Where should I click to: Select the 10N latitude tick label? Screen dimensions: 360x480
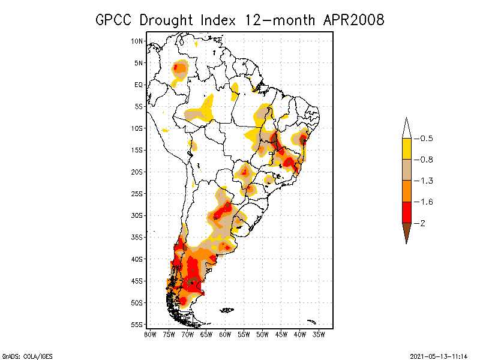tap(137, 41)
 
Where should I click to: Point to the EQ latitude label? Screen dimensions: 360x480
tap(139, 85)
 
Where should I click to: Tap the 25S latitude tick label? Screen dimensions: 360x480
tap(137, 193)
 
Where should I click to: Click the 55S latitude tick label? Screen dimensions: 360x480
tap(137, 324)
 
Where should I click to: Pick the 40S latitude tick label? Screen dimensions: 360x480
tap(137, 259)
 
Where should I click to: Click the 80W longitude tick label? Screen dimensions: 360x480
tap(150, 334)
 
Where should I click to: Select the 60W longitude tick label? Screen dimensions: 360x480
tap(225, 334)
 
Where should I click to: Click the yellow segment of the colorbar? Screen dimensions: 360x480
tap(406, 149)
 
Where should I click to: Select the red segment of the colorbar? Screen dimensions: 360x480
tap(406, 212)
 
